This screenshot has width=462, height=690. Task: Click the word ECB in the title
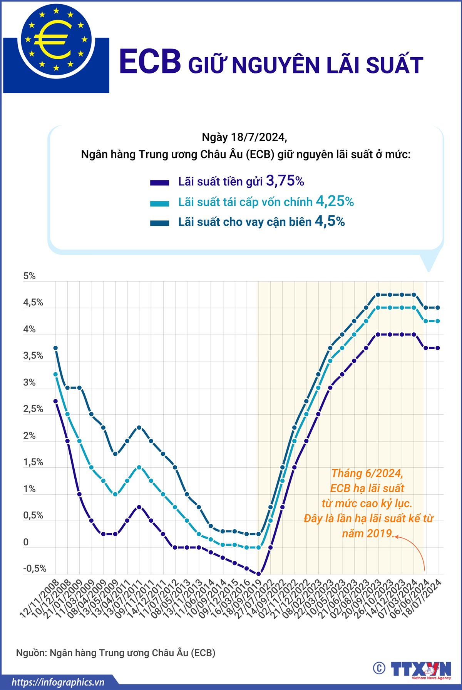tap(150, 62)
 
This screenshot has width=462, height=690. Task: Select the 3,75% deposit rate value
tap(285, 181)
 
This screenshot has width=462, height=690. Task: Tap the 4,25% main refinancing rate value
tap(334, 201)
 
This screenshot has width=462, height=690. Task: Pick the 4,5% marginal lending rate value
tap(330, 221)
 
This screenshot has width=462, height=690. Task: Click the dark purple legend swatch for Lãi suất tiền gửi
tap(159, 183)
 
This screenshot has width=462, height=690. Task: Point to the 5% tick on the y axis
tap(29, 276)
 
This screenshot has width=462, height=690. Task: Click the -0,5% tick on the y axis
tap(35, 568)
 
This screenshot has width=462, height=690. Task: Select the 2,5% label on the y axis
tap(33, 409)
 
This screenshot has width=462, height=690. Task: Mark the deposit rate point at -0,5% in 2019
tap(258, 574)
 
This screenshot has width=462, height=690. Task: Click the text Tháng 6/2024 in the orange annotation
tap(367, 473)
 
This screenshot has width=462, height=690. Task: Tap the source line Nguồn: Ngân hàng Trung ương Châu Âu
tap(115, 653)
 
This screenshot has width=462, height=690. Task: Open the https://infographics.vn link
tap(58, 682)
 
